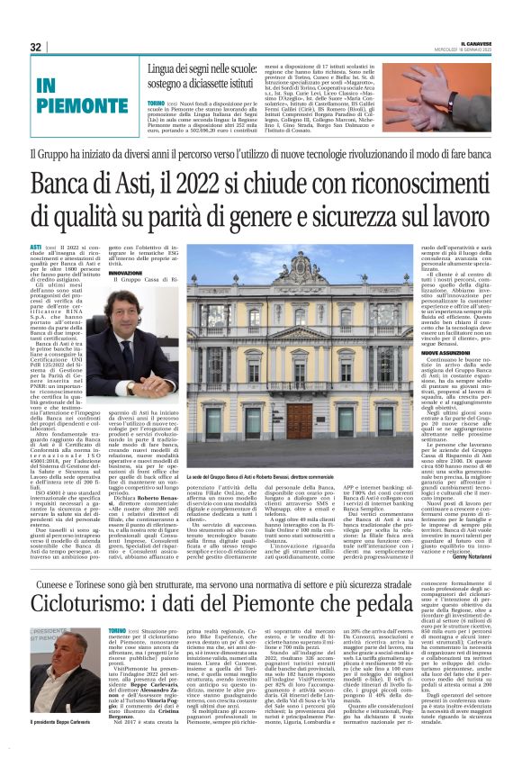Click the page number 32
36,47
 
